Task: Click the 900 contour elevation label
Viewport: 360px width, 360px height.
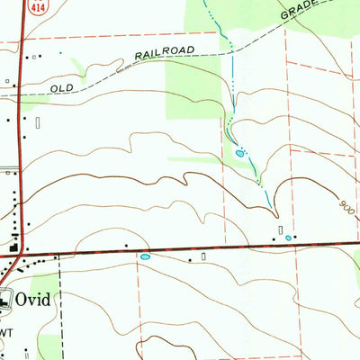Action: [x=348, y=206]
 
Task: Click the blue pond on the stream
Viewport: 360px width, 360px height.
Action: [x=239, y=154]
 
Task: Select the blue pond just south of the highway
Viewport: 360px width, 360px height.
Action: [x=145, y=256]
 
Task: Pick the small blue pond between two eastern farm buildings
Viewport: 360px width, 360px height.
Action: [x=288, y=238]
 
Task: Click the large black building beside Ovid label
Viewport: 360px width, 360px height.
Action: [x=5, y=301]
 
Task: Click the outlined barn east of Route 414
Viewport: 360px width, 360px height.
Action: [x=38, y=120]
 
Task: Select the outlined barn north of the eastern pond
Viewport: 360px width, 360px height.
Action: [x=282, y=229]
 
